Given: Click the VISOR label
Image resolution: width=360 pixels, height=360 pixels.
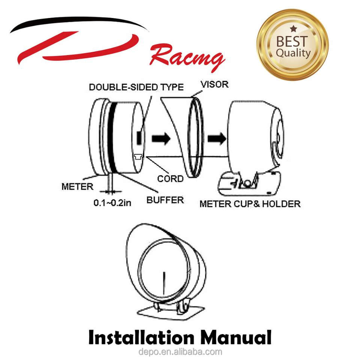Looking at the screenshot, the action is tap(214, 84).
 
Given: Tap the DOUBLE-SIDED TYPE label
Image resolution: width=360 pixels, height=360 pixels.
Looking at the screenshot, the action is tap(136, 87).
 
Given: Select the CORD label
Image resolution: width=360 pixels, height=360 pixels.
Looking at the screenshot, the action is tap(170, 178).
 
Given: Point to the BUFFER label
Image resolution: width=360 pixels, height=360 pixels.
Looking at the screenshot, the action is tap(165, 199).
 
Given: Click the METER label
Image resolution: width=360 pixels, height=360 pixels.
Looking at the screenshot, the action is tap(77, 186).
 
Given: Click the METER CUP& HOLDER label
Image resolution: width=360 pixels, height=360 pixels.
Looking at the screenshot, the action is tap(250, 204).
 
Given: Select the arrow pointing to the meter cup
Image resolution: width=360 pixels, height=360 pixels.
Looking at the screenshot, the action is tap(217, 138).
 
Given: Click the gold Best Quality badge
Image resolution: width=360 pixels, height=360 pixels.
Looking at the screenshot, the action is tap(292, 45).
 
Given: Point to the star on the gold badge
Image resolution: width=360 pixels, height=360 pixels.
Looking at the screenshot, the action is tap(294, 28).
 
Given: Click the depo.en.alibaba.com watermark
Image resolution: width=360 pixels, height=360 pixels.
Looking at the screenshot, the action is tap(180, 352).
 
